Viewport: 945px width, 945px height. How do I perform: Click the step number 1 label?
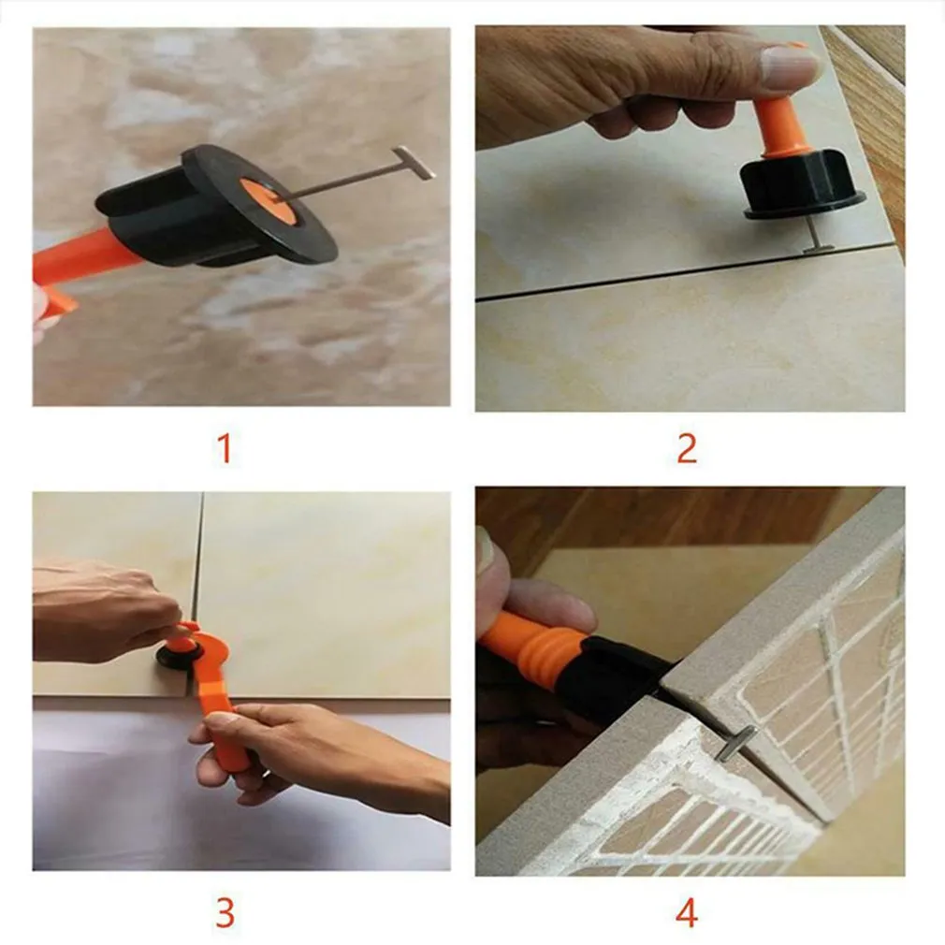pos(224,449)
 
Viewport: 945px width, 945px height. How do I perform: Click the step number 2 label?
pos(687,449)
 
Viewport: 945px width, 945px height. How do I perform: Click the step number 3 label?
pos(225,912)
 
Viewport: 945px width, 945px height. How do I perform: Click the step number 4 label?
pos(687,912)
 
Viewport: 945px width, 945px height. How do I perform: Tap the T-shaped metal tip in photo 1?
pos(413,162)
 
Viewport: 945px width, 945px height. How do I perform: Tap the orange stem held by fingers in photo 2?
pos(781,126)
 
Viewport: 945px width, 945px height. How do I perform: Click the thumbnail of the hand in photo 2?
pos(788,67)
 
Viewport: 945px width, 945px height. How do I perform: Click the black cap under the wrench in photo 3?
pos(175,658)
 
